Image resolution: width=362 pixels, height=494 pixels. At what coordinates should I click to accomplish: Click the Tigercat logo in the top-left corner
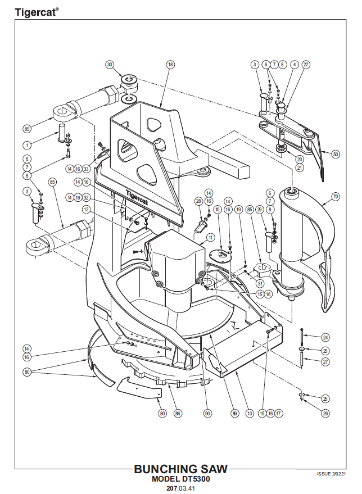(x=35, y=12)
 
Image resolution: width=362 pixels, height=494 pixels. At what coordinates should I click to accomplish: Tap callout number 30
(x=110, y=65)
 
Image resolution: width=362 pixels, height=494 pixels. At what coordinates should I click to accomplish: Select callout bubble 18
(x=170, y=65)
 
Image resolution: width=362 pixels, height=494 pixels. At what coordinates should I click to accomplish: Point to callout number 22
(x=306, y=65)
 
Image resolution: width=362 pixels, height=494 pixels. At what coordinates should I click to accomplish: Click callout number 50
(x=336, y=153)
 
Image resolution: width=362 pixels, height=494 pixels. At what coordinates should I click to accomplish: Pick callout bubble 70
(x=336, y=197)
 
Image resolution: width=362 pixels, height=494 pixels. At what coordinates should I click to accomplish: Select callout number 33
(x=86, y=169)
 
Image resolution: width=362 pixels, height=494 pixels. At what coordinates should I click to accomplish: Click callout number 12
(x=86, y=209)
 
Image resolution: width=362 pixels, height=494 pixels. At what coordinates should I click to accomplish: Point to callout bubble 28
(x=198, y=201)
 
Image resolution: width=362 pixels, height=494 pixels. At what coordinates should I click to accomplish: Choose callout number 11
(x=210, y=238)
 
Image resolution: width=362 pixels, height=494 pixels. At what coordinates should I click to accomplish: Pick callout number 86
(x=178, y=413)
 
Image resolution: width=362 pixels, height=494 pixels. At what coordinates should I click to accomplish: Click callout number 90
(x=207, y=413)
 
